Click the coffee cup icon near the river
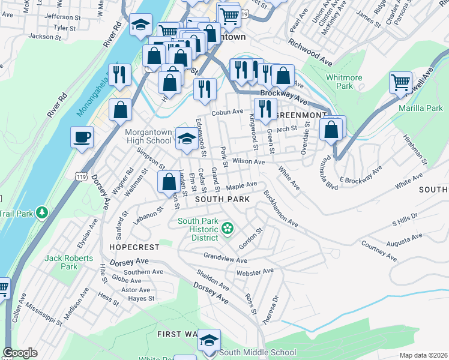(82, 137)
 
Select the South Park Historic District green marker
(228, 227)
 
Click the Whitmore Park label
(340, 82)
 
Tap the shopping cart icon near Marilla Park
(400, 82)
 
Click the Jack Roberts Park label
(70, 262)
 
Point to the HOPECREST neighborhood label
(134, 247)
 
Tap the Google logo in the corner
(20, 353)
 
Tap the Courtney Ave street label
(379, 251)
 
